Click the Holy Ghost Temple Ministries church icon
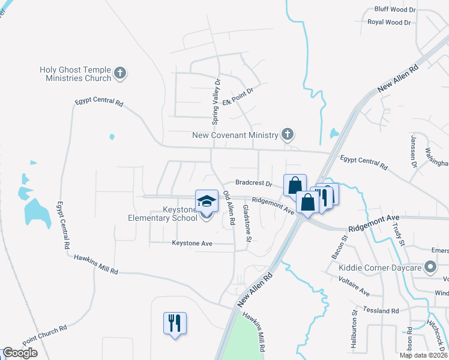tap(120, 73)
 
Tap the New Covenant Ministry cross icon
tap(288, 134)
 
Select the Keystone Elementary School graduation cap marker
tap(206, 202)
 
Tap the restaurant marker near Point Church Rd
tap(175, 323)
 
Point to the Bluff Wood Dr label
tap(395, 10)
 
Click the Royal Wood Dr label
tap(389, 22)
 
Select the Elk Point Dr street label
tap(238, 97)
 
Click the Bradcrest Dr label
tap(254, 182)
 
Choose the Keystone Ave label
tap(192, 243)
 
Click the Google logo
tap(19, 353)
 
